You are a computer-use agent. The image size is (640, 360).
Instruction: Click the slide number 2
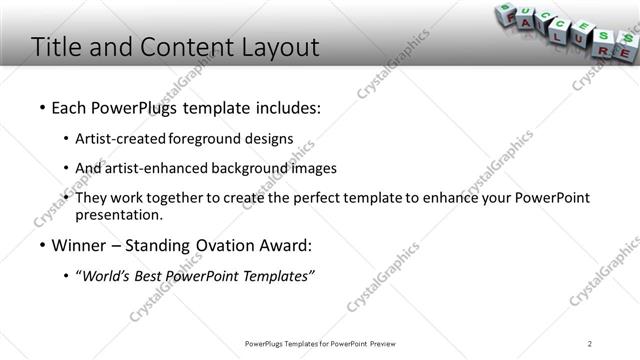click(x=590, y=344)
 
